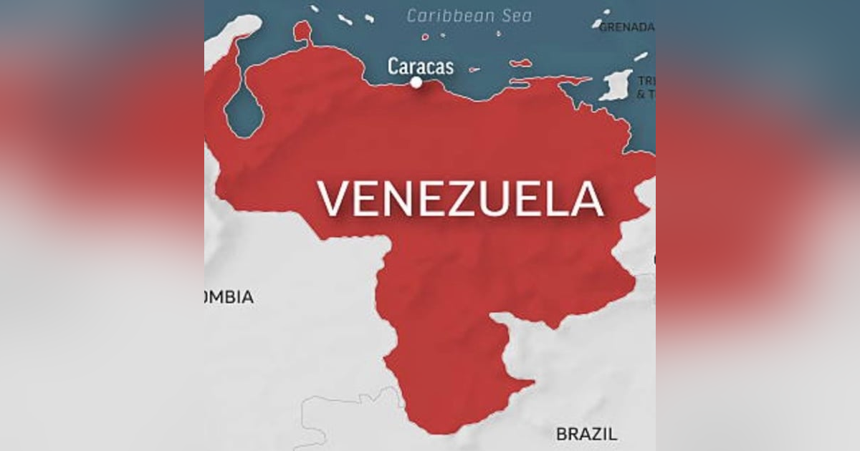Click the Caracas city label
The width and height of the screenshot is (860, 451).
421,67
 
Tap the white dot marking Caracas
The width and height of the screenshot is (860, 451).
416,82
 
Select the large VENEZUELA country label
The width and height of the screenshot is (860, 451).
460,198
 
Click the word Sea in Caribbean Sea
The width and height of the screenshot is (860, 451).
515,15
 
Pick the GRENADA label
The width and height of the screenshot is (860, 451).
626,27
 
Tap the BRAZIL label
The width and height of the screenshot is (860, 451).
586,433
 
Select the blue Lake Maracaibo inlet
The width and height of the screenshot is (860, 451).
244,111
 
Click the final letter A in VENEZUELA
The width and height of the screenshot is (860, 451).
586,198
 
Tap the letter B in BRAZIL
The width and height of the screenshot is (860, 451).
562,433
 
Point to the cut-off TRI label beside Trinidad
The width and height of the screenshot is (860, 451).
647,80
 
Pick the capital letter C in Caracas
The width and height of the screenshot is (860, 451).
393,67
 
